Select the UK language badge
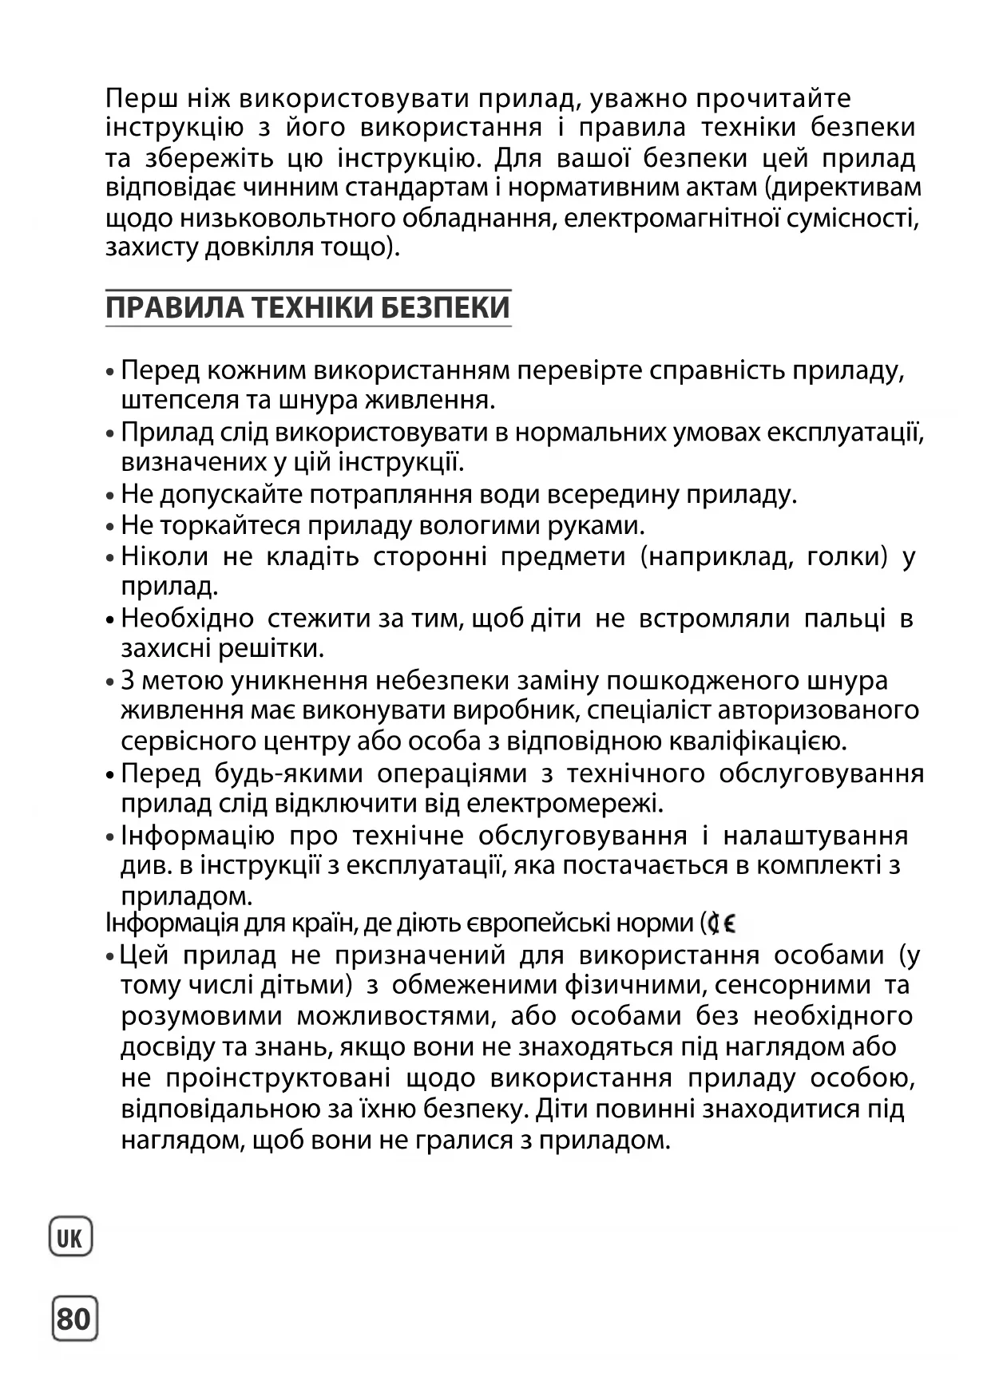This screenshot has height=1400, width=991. pos(71,1237)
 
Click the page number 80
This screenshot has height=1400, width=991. pos(74,1319)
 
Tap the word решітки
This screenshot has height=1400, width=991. pos(272,648)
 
